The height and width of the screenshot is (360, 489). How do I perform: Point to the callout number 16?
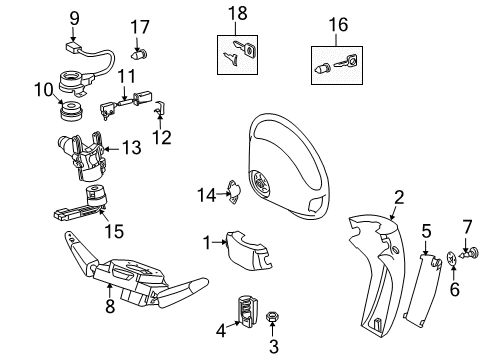(x=340, y=23)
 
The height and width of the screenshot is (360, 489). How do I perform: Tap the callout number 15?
(x=116, y=231)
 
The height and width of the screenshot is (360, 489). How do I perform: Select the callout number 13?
(x=132, y=148)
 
